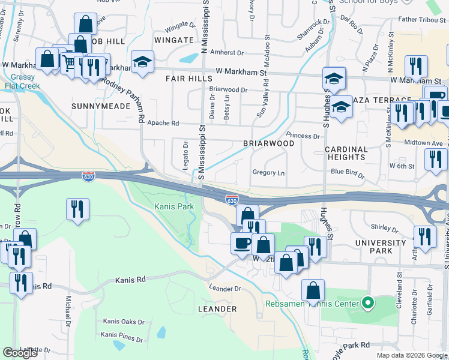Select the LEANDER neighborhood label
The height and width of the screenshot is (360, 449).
point(217,309)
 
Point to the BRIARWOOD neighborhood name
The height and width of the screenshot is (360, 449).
point(268,144)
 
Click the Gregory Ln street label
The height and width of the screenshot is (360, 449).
point(268,173)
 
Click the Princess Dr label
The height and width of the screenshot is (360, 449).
point(303,136)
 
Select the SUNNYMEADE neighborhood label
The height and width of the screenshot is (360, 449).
point(100,106)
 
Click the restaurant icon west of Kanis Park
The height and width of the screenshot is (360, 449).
point(77,209)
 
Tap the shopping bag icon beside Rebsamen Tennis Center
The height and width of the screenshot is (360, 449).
point(313,291)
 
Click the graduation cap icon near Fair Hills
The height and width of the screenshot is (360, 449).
point(142,62)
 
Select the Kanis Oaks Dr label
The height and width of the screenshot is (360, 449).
point(124,322)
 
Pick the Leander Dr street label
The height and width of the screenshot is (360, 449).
point(224,289)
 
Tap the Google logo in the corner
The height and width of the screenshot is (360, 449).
point(20,353)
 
